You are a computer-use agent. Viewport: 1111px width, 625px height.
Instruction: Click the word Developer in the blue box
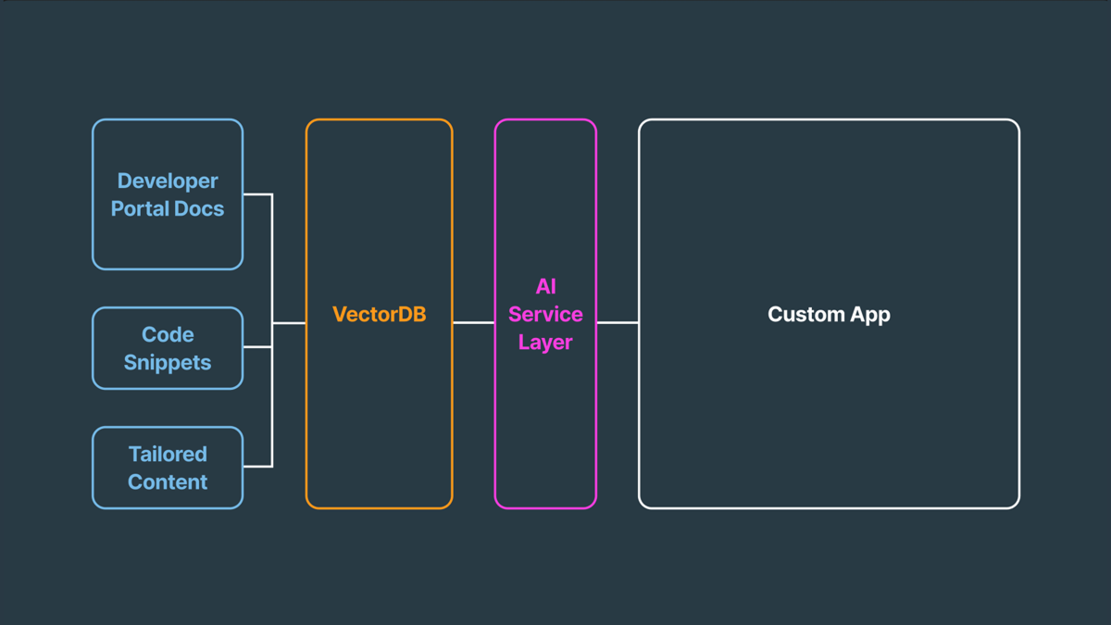pyautogui.click(x=168, y=181)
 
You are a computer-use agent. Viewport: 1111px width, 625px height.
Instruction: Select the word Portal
pyautogui.click(x=140, y=208)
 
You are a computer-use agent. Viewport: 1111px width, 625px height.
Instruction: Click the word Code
pyautogui.click(x=168, y=334)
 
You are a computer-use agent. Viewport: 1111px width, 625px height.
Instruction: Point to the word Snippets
pyautogui.click(x=168, y=362)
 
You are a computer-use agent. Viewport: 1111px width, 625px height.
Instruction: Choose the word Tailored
pyautogui.click(x=168, y=454)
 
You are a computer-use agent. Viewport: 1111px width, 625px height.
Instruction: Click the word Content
pyautogui.click(x=168, y=481)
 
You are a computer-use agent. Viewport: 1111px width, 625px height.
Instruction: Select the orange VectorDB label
pyautogui.click(x=379, y=314)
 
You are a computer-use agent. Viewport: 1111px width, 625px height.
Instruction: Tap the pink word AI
pyautogui.click(x=545, y=286)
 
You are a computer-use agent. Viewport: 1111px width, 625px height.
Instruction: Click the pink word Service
pyautogui.click(x=545, y=314)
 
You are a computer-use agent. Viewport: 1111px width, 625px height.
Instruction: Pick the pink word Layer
pyautogui.click(x=545, y=342)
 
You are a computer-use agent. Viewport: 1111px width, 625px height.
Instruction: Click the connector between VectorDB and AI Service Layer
pyautogui.click(x=473, y=323)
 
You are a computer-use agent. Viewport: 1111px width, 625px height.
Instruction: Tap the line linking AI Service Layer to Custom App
pyautogui.click(x=618, y=323)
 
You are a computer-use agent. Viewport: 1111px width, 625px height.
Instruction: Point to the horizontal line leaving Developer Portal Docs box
pyautogui.click(x=257, y=194)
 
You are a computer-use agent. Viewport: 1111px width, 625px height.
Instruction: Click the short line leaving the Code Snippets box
pyautogui.click(x=257, y=347)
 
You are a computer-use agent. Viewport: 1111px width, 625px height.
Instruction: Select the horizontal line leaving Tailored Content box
pyautogui.click(x=257, y=466)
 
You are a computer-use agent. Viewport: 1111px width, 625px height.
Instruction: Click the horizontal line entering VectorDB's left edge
pyautogui.click(x=289, y=323)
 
